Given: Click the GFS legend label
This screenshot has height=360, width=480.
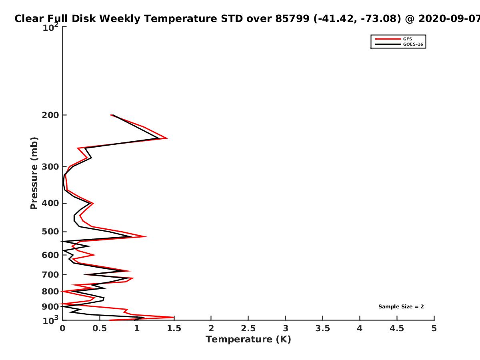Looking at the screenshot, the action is point(407,39).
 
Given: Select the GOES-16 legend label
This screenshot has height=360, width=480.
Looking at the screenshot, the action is point(413,44).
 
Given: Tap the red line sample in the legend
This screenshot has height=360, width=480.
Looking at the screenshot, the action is point(388,39).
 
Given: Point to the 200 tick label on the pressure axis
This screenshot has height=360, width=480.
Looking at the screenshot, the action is point(50,115).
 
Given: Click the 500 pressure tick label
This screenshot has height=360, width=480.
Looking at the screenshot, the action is point(50,232).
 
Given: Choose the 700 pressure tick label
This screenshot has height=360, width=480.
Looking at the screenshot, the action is point(50,274).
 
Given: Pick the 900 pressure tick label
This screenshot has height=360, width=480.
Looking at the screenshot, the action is point(50,307).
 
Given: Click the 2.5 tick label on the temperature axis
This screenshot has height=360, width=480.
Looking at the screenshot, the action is point(248,328).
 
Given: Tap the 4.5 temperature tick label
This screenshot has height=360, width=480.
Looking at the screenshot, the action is point(397,328).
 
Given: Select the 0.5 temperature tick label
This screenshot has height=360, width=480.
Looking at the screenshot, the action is point(100,328).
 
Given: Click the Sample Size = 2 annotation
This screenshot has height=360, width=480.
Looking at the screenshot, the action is point(401,307).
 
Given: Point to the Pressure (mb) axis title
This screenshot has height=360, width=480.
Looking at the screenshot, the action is point(34,173).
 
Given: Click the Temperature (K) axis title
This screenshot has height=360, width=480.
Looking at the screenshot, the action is point(248,340).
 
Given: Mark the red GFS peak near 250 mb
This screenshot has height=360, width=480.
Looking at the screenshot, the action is point(167,138).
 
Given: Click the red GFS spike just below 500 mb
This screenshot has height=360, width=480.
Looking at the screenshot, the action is point(147,236).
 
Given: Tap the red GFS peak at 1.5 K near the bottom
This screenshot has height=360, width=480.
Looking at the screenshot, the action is point(174,317).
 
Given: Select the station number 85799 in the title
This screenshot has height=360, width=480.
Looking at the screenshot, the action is point(292,19).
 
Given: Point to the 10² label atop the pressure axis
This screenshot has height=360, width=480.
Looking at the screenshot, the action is point(50,27).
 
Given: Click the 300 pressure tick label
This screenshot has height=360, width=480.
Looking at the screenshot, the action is point(50,167).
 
